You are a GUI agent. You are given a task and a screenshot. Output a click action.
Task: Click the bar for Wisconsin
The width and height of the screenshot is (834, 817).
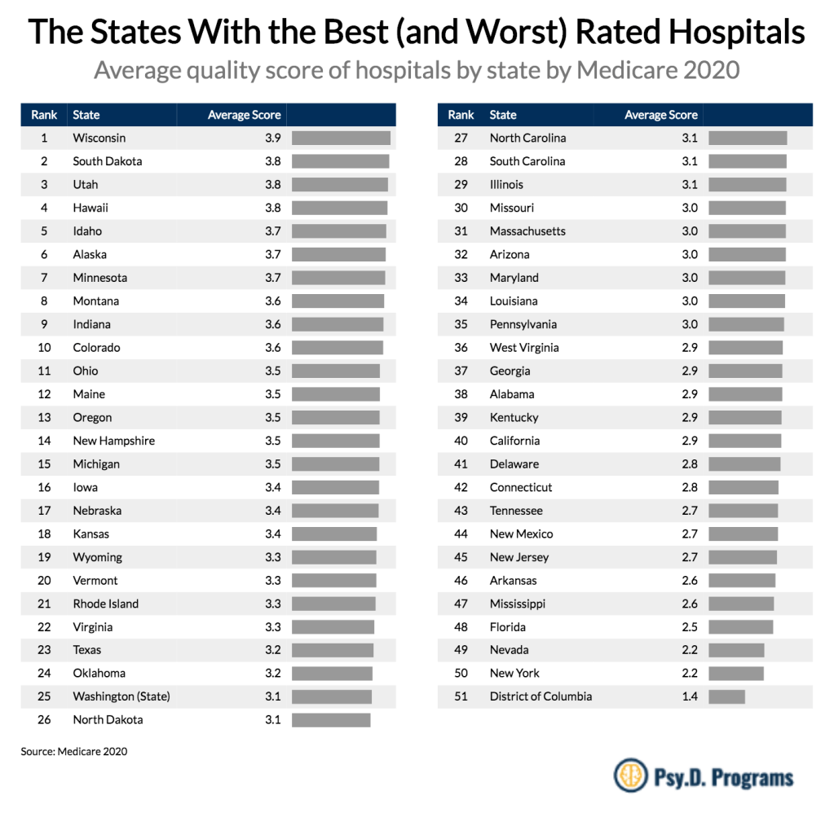[341, 138]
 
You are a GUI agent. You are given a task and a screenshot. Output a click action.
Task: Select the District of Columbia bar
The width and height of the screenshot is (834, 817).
[726, 696]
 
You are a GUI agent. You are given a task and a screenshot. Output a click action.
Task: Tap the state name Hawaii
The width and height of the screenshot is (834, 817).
[90, 208]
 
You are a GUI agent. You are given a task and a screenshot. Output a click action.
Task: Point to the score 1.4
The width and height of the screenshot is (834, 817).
[689, 696]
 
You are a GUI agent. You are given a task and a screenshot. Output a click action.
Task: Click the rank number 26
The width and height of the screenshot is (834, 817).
[44, 719]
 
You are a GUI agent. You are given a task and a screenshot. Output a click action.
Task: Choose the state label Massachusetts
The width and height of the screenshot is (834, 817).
[527, 231]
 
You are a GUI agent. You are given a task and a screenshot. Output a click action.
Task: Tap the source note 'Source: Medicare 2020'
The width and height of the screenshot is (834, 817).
[74, 752]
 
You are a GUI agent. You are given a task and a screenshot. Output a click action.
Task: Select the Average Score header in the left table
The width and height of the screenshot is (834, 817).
[244, 115]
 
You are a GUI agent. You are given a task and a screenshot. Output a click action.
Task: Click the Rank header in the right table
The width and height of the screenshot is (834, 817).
[461, 115]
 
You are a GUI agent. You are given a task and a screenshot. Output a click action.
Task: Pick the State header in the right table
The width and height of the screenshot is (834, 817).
[503, 115]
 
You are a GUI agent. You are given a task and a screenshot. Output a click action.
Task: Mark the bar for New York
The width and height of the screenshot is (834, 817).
[736, 674]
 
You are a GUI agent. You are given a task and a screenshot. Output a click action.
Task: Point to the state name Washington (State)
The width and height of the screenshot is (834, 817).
[121, 696]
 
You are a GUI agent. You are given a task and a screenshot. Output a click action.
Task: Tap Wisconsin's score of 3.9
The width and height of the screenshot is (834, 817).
[272, 138]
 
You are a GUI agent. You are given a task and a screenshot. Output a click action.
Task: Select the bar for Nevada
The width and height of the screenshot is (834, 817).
[736, 650]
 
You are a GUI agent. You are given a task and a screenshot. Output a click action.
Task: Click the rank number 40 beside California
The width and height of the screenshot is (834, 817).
[461, 441]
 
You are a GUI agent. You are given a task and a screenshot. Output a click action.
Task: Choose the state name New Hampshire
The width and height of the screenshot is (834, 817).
[113, 441]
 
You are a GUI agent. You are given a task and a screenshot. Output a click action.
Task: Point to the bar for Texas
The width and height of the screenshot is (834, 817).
[332, 650]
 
